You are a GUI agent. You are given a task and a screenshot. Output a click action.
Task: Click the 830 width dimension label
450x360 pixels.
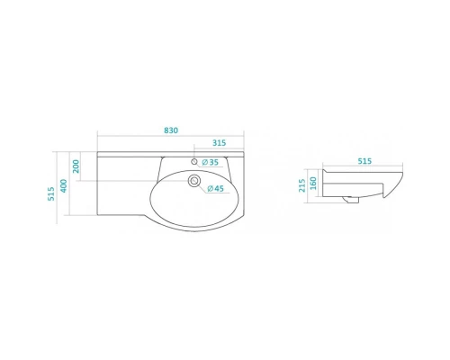point(171,130)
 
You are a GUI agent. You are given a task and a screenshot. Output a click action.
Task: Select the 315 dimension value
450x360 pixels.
point(219,143)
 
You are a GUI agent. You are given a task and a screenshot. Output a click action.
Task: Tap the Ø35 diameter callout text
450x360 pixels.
point(211,162)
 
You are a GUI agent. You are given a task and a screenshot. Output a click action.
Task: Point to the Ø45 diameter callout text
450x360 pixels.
point(215,188)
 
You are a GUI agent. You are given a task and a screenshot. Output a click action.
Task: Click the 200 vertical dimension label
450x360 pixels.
point(76,166)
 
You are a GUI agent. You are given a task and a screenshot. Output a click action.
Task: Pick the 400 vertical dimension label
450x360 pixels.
point(64,185)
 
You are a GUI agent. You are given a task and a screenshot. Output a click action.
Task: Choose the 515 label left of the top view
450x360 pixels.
point(51,193)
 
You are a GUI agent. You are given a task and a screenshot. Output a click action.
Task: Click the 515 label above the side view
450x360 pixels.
point(364,161)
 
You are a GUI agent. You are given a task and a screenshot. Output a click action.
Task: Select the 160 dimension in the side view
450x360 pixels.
point(313,184)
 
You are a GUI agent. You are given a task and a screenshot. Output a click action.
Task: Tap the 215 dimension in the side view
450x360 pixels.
point(302,185)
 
